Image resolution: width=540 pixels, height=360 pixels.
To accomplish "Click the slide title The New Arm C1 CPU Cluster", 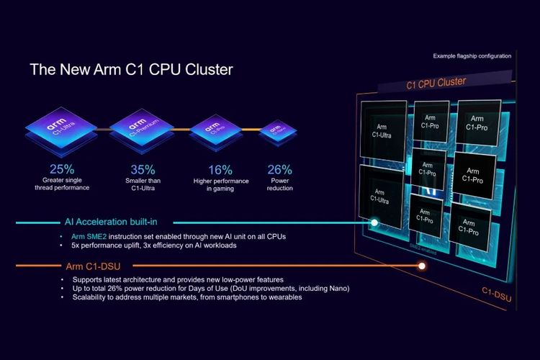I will [x=131, y=71].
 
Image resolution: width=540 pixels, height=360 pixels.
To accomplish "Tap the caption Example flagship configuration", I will [x=472, y=55].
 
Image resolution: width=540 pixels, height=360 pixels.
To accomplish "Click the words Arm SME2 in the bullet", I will [x=85, y=236].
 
